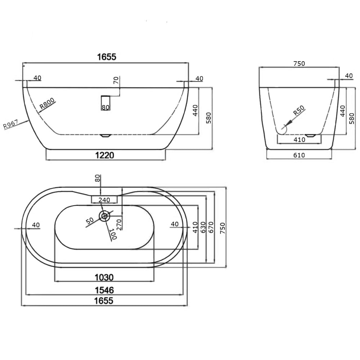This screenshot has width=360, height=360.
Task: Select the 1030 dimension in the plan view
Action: pyautogui.click(x=104, y=278)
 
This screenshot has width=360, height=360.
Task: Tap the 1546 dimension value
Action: pyautogui.click(x=104, y=290)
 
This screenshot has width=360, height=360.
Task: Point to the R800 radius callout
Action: pyautogui.click(x=47, y=104)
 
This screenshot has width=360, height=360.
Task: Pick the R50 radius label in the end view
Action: pyautogui.click(x=298, y=111)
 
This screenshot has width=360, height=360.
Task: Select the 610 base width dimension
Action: pyautogui.click(x=299, y=156)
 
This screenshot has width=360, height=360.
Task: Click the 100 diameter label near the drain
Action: pyautogui.click(x=113, y=234)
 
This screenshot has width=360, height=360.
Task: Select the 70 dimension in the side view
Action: pyautogui.click(x=116, y=81)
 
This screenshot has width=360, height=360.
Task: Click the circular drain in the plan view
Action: pyautogui.click(x=105, y=216)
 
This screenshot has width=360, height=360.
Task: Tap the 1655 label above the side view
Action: pyautogui.click(x=106, y=57)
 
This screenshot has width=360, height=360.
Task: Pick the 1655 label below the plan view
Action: pyautogui.click(x=104, y=301)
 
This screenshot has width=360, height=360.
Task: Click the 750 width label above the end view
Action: pyautogui.click(x=299, y=64)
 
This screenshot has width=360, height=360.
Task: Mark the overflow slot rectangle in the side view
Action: pyautogui.click(x=105, y=103)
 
